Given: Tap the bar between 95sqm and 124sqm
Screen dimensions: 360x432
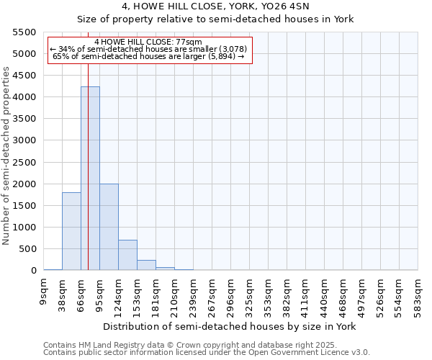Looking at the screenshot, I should (x=109, y=227).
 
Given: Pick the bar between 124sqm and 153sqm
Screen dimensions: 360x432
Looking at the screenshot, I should (x=127, y=255).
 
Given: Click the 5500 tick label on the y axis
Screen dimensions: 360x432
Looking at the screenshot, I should (x=24, y=32).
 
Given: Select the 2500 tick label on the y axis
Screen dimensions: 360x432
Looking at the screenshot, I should (x=24, y=162).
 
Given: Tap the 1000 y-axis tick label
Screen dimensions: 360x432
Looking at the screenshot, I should (x=24, y=228).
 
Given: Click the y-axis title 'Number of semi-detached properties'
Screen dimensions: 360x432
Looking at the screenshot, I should (x=7, y=156).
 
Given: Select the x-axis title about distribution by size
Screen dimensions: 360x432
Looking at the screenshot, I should (x=230, y=326).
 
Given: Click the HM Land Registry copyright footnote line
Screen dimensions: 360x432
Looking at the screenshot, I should (x=206, y=345).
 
